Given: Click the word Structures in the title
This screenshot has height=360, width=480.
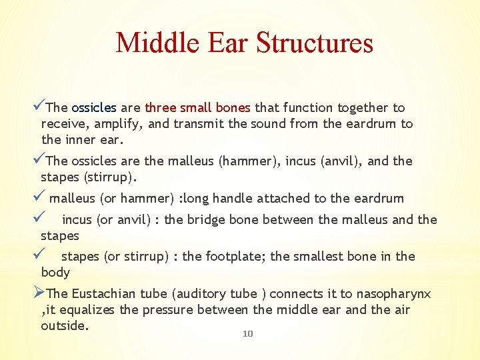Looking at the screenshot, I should pyautogui.click(x=314, y=43).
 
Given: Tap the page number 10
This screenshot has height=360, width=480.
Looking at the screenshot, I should pyautogui.click(x=247, y=333).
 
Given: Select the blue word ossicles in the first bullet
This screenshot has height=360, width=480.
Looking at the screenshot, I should pyautogui.click(x=94, y=107).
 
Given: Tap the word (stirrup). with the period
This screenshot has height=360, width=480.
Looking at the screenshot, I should pyautogui.click(x=107, y=177).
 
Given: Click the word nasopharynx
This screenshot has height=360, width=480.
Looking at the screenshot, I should pyautogui.click(x=393, y=293).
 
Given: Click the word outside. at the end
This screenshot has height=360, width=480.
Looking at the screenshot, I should pyautogui.click(x=65, y=325).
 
